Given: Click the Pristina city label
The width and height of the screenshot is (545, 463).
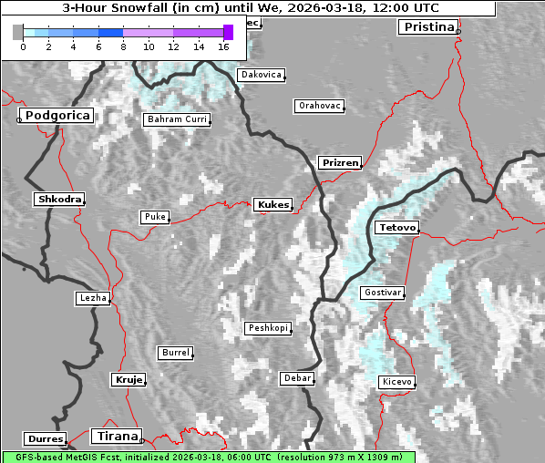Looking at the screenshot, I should (427, 27).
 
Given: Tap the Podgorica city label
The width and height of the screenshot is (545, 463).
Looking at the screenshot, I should (57, 116).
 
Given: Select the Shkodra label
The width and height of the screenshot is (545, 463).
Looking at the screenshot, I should (59, 199).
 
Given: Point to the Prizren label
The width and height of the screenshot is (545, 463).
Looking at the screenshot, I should (340, 163).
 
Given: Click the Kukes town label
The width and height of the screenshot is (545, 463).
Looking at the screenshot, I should (272, 205).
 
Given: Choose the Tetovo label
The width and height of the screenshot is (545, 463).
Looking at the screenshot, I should (396, 227).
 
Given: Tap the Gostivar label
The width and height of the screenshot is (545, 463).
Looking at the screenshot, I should (382, 293).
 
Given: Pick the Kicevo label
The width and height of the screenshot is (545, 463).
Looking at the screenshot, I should (396, 381).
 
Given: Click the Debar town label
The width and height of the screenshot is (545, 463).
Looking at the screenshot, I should (297, 377).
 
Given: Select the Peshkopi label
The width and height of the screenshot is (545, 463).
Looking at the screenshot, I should (267, 328).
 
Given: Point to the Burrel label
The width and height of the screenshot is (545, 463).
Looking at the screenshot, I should (175, 352).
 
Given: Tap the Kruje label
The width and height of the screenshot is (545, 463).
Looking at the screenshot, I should (127, 379).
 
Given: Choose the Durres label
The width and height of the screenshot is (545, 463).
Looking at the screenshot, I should (46, 439).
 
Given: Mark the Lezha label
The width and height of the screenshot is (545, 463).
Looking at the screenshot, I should (92, 298).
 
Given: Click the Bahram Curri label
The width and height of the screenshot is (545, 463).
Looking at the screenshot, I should (177, 119).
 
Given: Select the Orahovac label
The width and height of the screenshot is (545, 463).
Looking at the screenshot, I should (319, 106).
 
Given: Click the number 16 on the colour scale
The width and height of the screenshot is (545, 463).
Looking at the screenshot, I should (224, 46).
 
